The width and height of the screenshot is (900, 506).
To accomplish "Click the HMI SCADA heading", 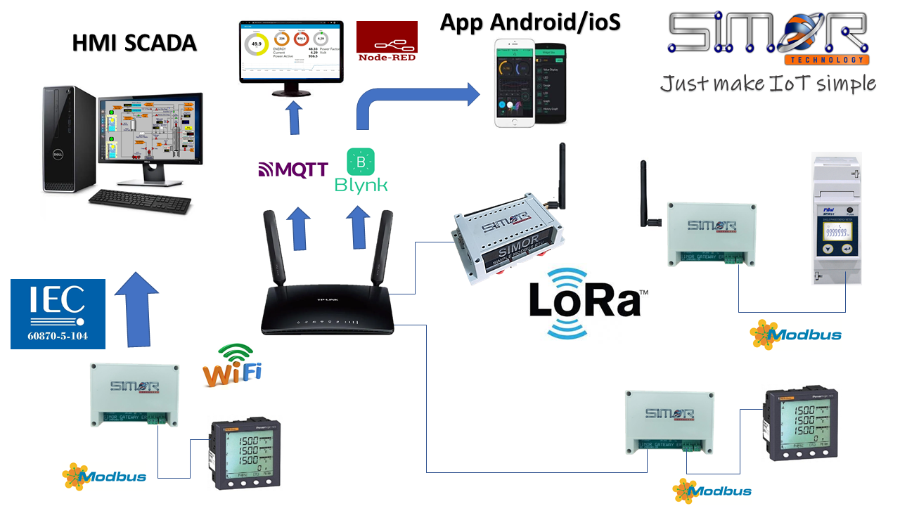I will click(134, 44).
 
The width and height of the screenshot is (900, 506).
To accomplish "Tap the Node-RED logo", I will click(387, 41).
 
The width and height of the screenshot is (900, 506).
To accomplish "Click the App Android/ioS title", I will click(530, 22).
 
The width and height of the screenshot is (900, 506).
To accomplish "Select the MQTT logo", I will click(293, 169).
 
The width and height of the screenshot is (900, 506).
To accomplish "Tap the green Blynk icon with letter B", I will click(361, 162).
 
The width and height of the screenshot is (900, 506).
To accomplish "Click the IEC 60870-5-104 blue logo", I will click(58, 313).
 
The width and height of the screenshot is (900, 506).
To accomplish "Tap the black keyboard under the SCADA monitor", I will click(140, 201).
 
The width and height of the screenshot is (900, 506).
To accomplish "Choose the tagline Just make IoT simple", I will click(767, 84).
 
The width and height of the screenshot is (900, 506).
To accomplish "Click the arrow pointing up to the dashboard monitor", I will click(293, 117).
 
